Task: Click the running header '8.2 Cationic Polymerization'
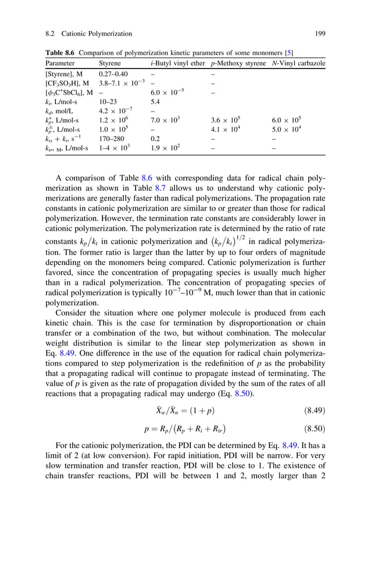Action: point(88,34)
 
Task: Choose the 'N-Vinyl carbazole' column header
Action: point(298,63)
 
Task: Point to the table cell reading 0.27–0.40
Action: point(113,74)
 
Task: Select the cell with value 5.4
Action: point(155,101)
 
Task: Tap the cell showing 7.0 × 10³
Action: point(166,119)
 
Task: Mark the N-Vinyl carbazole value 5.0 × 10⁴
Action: point(287,129)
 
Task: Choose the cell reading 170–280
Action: point(112,139)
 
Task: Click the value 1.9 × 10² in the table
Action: point(166,148)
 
